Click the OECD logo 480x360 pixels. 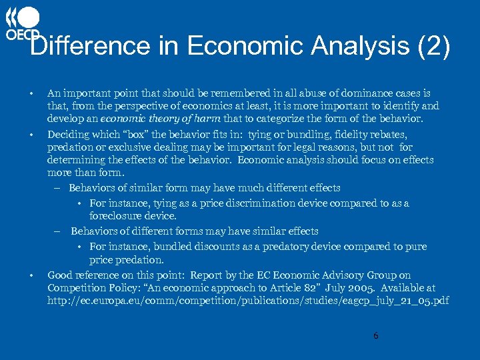pyautogui.click(x=23, y=24)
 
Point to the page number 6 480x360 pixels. pyautogui.click(x=375, y=335)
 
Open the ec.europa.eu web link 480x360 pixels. pyautogui.click(x=248, y=301)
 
